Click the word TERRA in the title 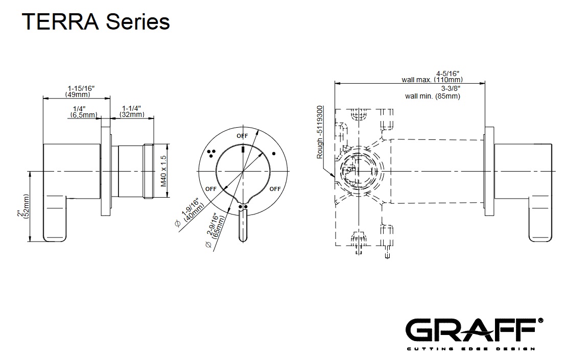point(60,21)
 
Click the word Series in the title point(138,21)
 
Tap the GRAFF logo point(474,330)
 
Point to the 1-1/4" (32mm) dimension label point(132,111)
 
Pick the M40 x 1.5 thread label point(163,171)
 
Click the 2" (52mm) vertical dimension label point(23,206)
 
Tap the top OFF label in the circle point(242,136)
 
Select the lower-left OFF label point(211,188)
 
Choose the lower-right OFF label point(275,188)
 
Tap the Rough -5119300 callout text point(320,132)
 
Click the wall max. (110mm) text point(432,80)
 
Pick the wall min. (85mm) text point(433,96)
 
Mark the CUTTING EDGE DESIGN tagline point(471,349)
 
